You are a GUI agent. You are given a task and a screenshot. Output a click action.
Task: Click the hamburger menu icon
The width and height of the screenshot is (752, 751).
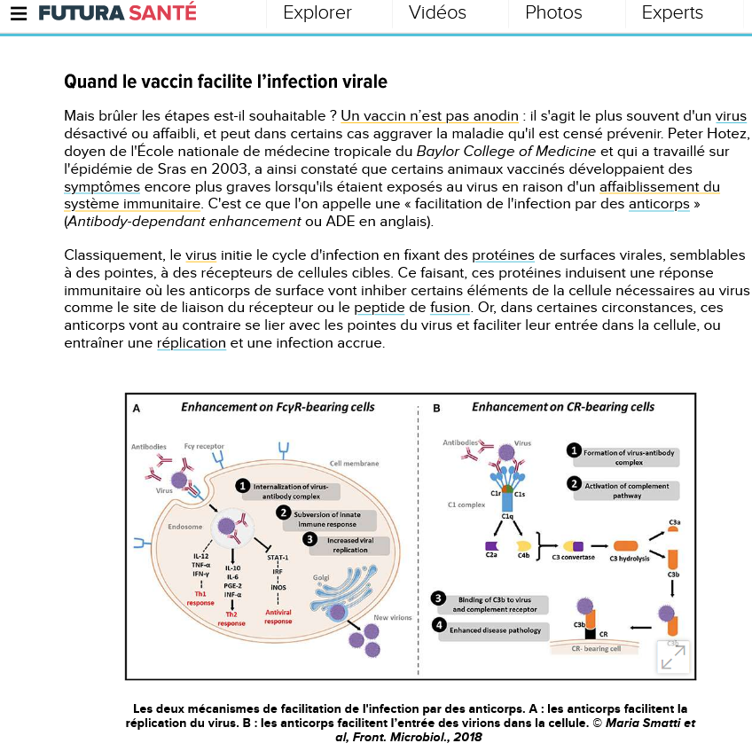click(x=19, y=14)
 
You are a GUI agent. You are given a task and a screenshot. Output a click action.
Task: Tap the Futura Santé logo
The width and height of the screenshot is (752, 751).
click(x=117, y=13)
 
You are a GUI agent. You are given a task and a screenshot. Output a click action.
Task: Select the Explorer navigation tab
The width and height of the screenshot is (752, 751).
click(x=317, y=13)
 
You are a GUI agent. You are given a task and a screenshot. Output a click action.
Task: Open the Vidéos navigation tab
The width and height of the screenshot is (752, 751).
click(x=437, y=13)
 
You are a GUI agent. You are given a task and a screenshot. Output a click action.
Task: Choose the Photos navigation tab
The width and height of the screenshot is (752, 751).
click(x=553, y=13)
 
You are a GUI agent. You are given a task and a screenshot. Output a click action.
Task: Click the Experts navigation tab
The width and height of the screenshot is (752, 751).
click(x=672, y=13)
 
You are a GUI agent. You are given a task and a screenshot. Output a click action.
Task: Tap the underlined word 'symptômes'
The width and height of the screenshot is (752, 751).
click(x=102, y=186)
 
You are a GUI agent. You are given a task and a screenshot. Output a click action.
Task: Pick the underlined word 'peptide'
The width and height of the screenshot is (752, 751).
click(x=380, y=308)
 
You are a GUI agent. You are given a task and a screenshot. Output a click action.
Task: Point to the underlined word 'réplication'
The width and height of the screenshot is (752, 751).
click(x=192, y=343)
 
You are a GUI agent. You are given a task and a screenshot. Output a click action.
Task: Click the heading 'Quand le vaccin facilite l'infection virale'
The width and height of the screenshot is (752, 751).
click(x=225, y=82)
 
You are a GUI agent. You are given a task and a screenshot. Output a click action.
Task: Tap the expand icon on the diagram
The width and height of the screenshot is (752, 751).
click(x=673, y=657)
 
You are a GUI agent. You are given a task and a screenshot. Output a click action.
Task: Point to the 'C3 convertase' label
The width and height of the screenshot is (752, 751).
click(x=573, y=557)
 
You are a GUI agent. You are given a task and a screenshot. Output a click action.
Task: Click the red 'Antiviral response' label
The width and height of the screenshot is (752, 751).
click(x=278, y=616)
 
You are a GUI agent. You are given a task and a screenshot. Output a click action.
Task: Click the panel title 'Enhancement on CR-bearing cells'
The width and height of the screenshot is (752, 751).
click(x=562, y=407)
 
